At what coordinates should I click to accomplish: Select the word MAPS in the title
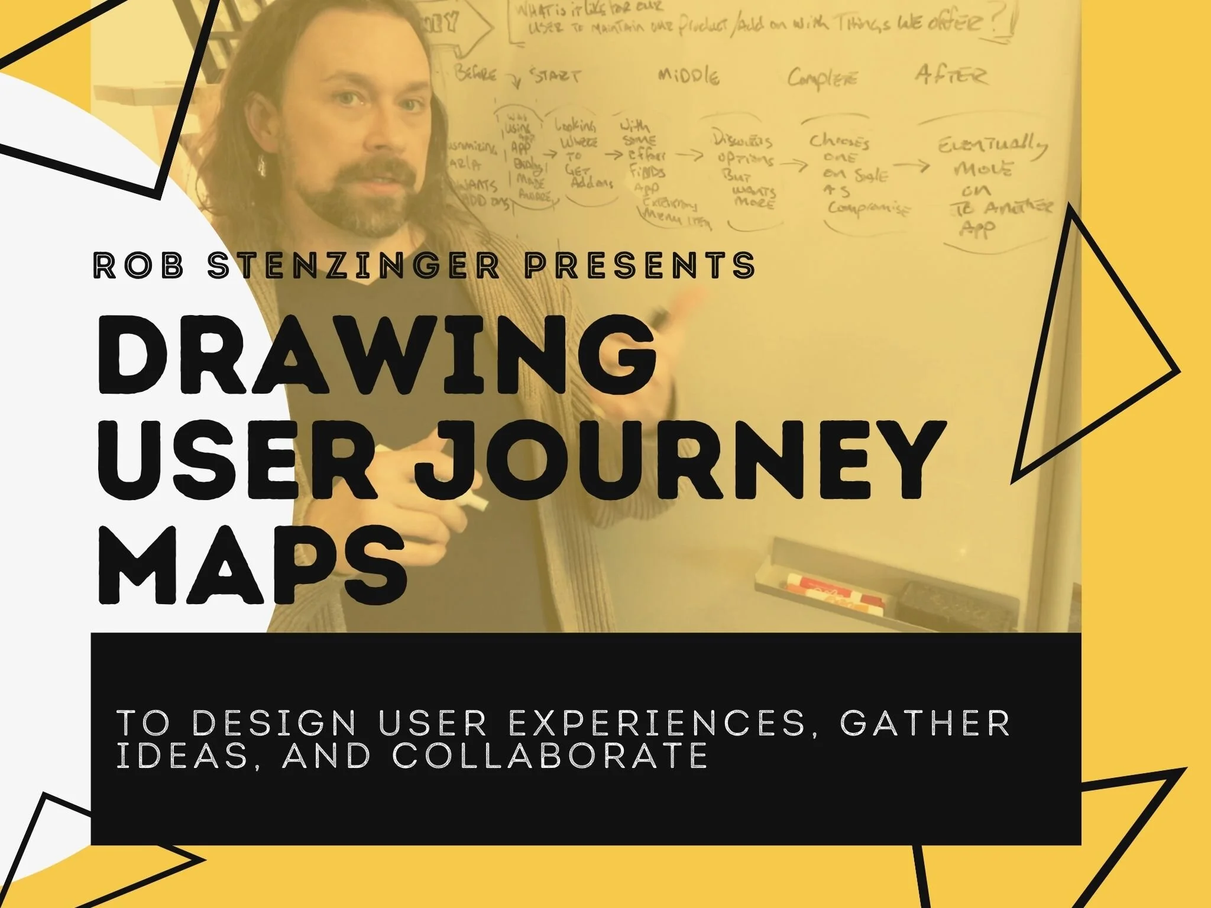[253, 567]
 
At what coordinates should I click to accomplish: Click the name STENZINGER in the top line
[355, 265]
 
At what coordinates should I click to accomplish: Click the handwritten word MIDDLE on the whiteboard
[689, 77]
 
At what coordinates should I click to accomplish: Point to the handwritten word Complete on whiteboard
[822, 79]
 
